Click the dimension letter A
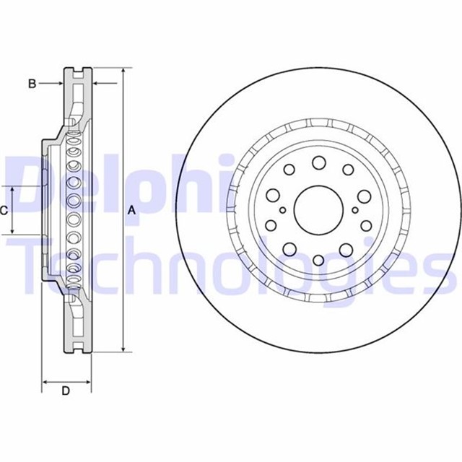[131, 211]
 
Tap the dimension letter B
[32, 84]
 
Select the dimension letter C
[4, 211]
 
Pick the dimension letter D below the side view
[66, 391]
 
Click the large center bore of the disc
[318, 210]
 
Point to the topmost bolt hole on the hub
[318, 163]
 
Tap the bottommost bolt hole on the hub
[318, 258]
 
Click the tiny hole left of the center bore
[283, 211]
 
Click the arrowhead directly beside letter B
[61, 84]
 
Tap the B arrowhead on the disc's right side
[95, 84]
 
